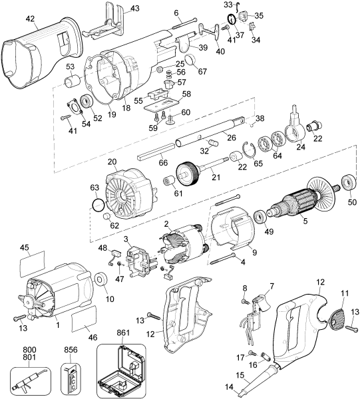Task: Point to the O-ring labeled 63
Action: pyautogui.click(x=97, y=205)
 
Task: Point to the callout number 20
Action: pyautogui.click(x=112, y=162)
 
